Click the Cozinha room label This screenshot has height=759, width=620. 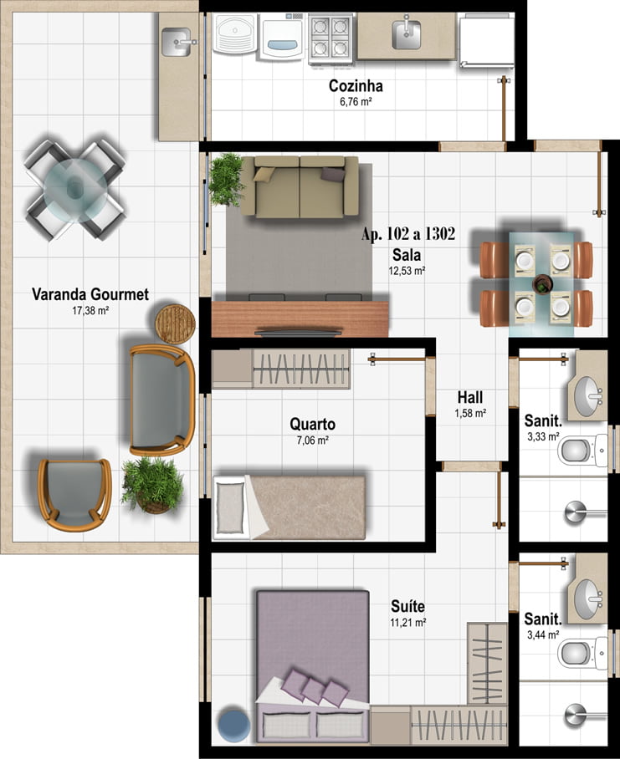click(356, 86)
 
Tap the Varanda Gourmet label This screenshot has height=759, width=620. click(90, 294)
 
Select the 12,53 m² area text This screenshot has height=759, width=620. click(407, 271)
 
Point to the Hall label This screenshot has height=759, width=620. click(470, 398)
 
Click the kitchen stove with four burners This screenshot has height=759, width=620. click(330, 38)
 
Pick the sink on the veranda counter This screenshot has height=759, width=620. click(177, 42)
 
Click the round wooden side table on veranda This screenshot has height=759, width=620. click(175, 323)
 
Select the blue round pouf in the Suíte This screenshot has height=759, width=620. click(234, 725)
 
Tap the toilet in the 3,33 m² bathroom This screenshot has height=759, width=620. click(582, 451)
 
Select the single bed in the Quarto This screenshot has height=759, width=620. click(290, 507)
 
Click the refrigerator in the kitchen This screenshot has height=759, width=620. click(486, 40)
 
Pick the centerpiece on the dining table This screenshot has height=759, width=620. click(542, 284)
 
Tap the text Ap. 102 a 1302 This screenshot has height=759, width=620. click(408, 234)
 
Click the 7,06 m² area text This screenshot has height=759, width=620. click(312, 441)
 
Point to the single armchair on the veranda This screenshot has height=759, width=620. click(74, 494)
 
